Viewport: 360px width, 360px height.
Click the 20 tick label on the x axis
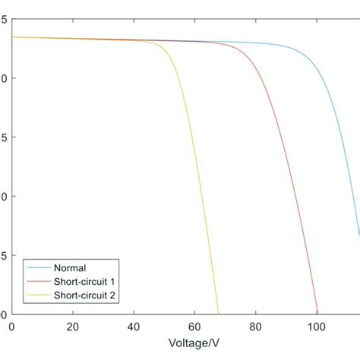point(73,327)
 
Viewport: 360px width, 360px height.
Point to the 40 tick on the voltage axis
point(134,327)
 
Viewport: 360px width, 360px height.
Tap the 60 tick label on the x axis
point(194,327)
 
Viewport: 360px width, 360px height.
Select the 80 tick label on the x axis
point(255,327)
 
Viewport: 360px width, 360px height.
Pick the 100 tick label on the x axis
point(316,327)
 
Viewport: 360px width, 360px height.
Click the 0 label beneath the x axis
point(11,327)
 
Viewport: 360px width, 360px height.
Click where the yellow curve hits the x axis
point(218,314)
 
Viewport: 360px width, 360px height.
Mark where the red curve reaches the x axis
point(317,314)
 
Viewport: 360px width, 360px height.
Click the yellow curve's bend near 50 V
point(163,47)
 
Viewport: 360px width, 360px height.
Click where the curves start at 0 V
point(12,37)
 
